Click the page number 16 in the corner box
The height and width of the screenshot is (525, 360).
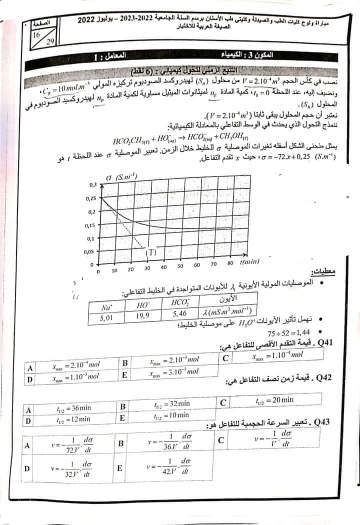pyautogui.click(x=36, y=35)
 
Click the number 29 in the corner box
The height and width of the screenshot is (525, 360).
pyautogui.click(x=49, y=42)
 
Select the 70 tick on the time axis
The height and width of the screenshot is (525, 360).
pyautogui.click(x=213, y=264)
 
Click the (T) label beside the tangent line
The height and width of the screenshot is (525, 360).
pyautogui.click(x=151, y=252)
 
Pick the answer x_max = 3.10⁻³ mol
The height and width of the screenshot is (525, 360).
pyautogui.click(x=174, y=371)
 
